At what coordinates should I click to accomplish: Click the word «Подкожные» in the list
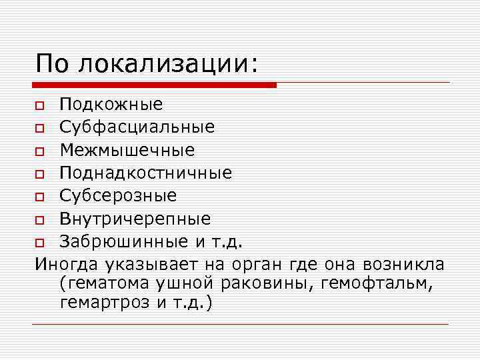click(111, 104)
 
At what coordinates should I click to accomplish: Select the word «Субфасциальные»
click(137, 127)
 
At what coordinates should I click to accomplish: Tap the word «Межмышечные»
click(127, 150)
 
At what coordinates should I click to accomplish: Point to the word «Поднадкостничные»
click(145, 173)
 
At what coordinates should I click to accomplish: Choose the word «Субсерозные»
click(118, 196)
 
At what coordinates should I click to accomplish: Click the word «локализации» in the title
click(167, 64)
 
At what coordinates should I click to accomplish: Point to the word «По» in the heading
click(52, 64)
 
